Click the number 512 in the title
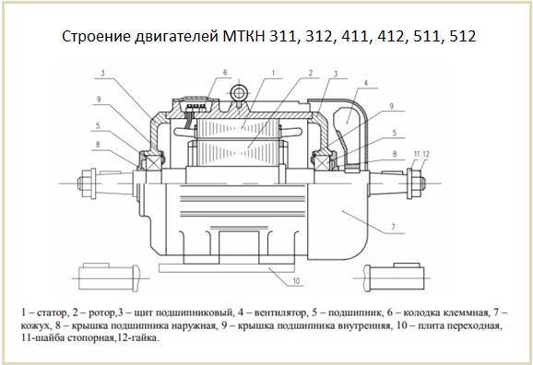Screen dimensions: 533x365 point(463,36)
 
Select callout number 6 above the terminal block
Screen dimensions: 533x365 point(225,73)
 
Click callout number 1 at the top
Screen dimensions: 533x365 point(273,73)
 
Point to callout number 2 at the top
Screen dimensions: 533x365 point(311,73)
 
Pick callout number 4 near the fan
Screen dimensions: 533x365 point(366,83)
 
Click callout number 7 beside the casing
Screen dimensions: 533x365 point(393,227)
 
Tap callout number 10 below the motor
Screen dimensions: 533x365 point(296,281)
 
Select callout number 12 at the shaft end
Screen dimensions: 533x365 point(426,154)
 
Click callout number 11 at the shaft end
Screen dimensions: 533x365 point(417,154)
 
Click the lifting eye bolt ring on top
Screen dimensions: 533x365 point(239,92)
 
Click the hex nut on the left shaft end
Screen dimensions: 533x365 point(87,183)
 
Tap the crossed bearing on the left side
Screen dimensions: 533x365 point(152,160)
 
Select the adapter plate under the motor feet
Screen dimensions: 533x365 point(227,268)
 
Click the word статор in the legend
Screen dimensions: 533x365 point(52,312)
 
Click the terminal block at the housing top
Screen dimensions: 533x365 point(195,106)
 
